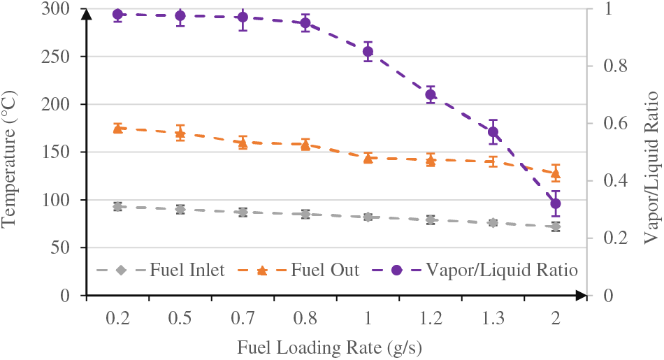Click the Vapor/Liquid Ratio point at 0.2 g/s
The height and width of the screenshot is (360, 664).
click(x=117, y=15)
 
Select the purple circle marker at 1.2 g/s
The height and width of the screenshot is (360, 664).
click(x=431, y=94)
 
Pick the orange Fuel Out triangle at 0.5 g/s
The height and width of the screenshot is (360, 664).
click(x=180, y=133)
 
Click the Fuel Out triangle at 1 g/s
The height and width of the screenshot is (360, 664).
click(x=368, y=158)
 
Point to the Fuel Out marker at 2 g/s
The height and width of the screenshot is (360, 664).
click(x=556, y=173)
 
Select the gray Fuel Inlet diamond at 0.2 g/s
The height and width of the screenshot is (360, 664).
click(x=117, y=207)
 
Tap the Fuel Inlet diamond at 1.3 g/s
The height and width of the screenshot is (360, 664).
click(x=493, y=223)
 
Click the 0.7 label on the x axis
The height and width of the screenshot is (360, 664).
click(x=243, y=319)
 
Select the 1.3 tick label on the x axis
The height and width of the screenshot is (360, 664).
click(x=493, y=319)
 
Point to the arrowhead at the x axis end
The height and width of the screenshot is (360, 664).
click(x=579, y=296)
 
